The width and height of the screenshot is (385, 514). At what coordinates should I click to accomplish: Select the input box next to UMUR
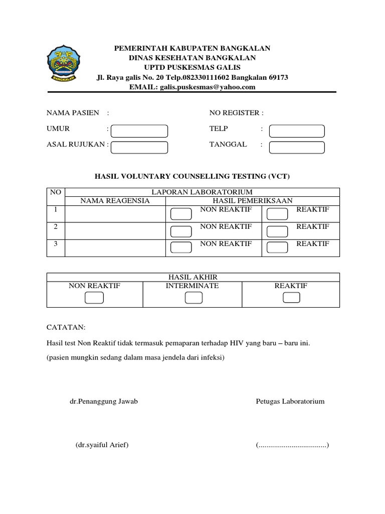tap(139, 131)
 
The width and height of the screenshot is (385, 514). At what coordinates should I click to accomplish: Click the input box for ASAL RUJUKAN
tap(139, 147)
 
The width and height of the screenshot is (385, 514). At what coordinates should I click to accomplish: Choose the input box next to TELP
tap(297, 131)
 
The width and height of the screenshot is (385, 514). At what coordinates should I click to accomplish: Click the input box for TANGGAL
tap(297, 147)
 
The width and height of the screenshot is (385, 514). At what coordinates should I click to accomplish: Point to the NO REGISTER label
tap(236, 113)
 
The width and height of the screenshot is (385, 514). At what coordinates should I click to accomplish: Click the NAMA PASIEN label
tap(73, 113)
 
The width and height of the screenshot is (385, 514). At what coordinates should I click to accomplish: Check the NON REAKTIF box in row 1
tap(181, 214)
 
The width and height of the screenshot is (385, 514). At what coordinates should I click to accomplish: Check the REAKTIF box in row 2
tap(277, 231)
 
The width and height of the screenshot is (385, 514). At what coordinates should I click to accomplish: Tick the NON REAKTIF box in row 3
tap(181, 247)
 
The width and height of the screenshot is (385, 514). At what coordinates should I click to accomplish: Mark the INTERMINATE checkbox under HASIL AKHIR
tap(194, 298)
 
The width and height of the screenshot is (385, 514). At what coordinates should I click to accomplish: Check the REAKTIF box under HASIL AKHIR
tap(291, 298)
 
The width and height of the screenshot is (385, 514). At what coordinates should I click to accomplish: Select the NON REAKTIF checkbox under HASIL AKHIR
tap(94, 298)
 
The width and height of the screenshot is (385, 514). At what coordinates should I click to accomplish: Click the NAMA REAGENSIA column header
tap(115, 200)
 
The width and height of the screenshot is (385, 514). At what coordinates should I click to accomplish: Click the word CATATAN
tap(66, 327)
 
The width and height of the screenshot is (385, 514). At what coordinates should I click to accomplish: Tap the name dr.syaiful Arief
tap(102, 445)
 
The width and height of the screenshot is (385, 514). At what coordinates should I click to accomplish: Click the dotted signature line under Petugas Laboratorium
tap(292, 445)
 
